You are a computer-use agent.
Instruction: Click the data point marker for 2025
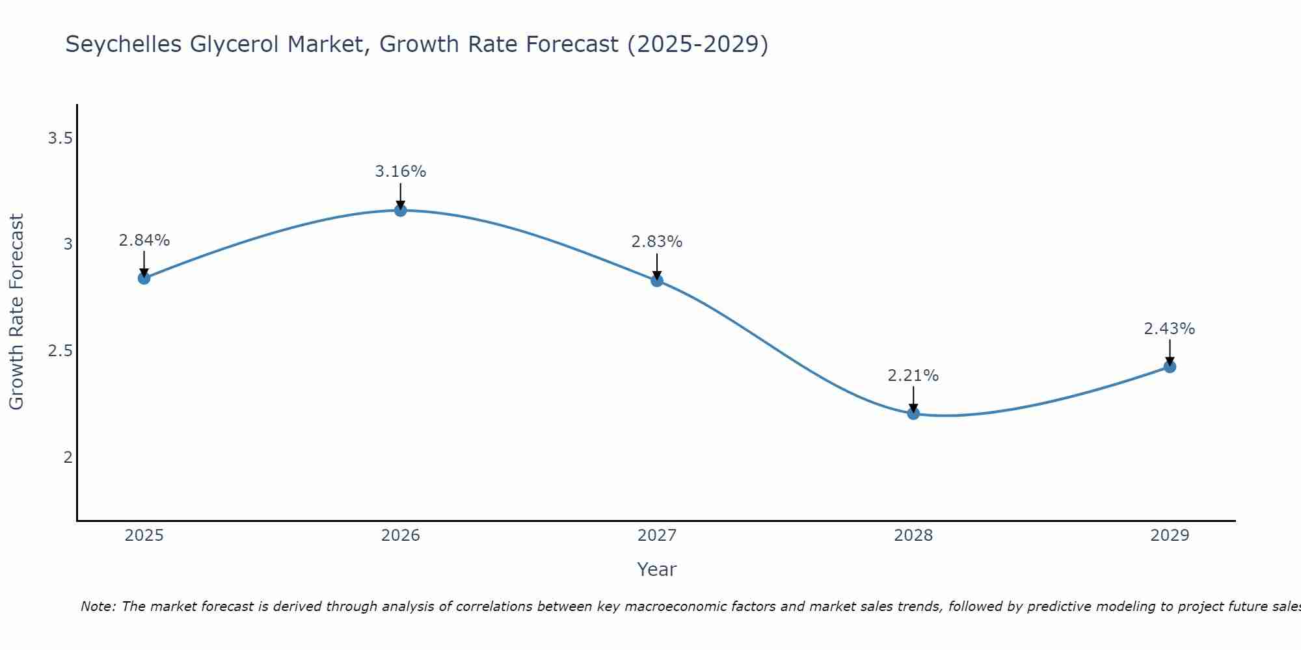144,278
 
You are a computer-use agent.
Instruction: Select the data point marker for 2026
401,211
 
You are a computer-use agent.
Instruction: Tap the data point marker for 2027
657,281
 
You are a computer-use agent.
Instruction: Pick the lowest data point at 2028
913,413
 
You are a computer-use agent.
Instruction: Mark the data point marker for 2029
1170,367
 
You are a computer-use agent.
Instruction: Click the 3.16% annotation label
401,172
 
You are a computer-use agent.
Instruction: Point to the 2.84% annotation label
144,240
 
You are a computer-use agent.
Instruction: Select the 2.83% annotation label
657,242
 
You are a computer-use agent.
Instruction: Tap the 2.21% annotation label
913,376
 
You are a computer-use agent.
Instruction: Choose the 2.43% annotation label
1170,329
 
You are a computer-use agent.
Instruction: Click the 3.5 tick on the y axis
60,138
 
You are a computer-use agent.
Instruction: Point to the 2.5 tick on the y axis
60,351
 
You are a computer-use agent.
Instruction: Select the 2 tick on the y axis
68,457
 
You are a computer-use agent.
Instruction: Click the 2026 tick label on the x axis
401,536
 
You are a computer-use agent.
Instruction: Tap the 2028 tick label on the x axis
913,536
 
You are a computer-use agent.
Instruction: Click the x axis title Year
657,569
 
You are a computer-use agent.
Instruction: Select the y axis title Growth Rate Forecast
17,312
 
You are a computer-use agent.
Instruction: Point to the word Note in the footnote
98,606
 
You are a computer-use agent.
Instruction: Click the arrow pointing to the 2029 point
1170,353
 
